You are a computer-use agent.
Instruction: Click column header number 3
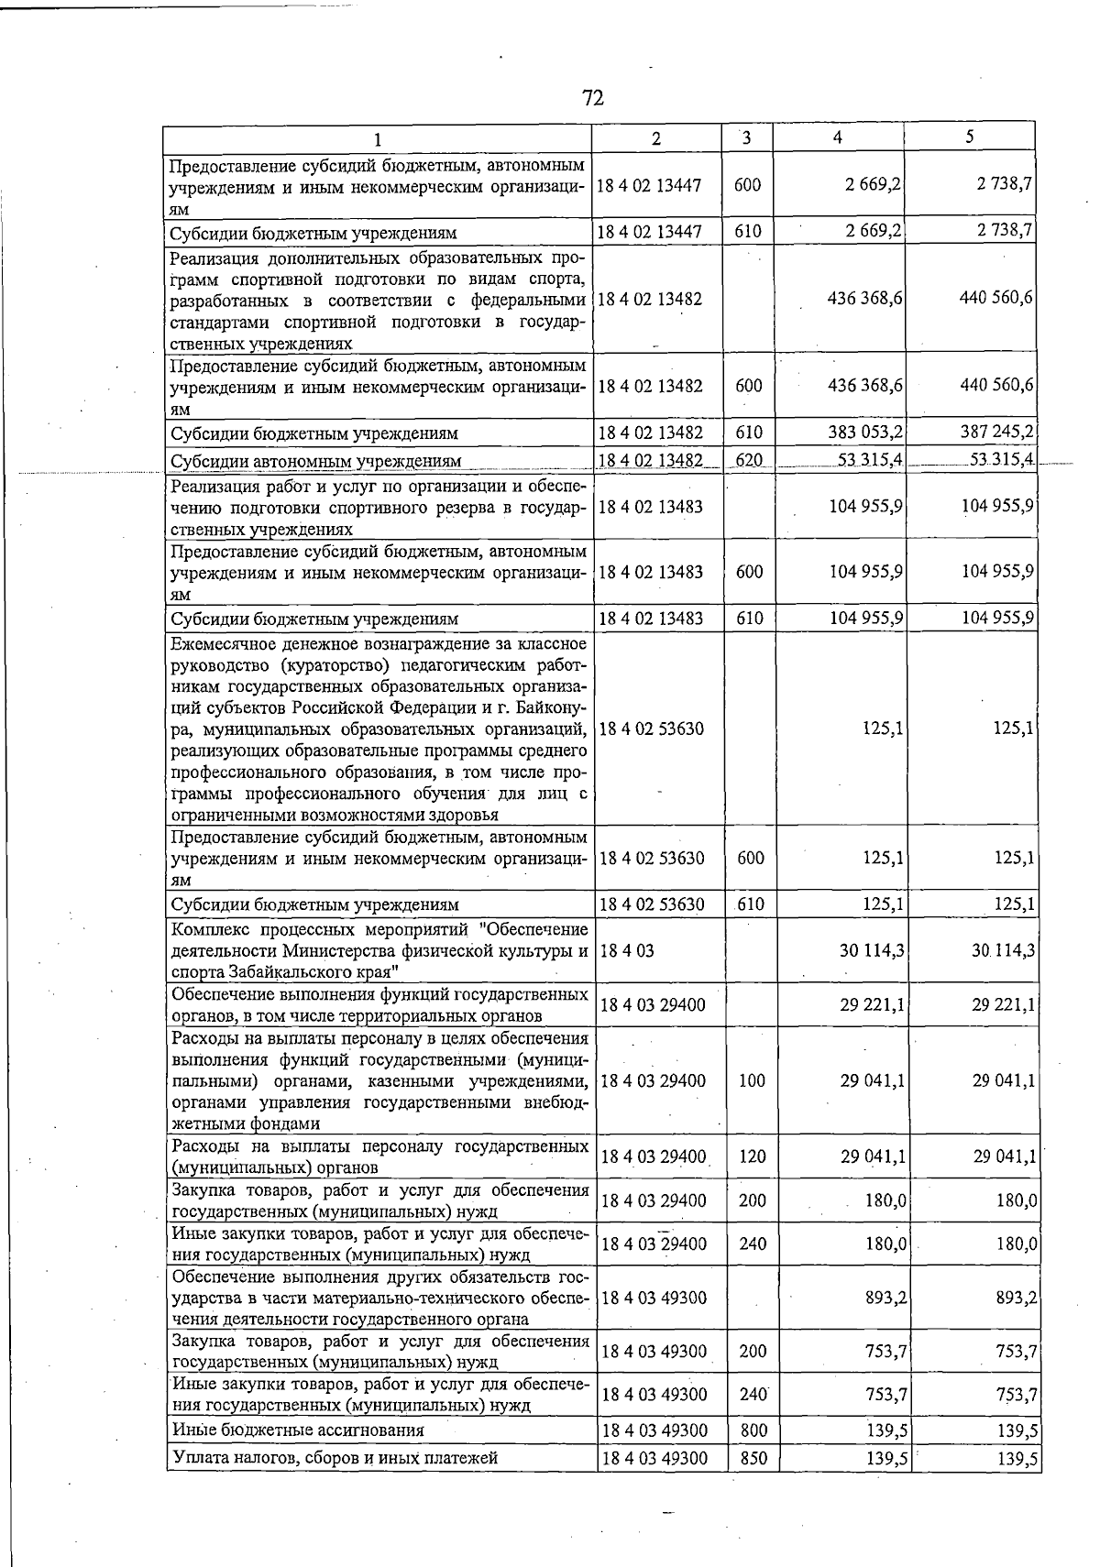coord(747,138)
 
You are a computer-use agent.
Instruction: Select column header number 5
coord(969,137)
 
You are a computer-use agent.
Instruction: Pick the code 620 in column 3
coord(749,460)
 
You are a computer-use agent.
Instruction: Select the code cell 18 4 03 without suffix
coord(627,951)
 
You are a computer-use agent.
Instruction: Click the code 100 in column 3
coord(752,1080)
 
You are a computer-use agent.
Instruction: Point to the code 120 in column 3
coord(752,1156)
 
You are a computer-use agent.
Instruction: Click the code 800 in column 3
coord(752,1430)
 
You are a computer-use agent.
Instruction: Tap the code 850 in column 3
coord(752,1457)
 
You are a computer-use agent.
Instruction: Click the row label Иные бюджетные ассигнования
coord(298,1430)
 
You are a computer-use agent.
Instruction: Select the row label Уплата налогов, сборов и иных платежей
coord(335,1457)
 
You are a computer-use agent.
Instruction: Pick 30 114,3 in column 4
coord(872,951)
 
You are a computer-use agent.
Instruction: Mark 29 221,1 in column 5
coord(1004,1005)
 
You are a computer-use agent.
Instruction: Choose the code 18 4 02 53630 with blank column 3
coord(652,729)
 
